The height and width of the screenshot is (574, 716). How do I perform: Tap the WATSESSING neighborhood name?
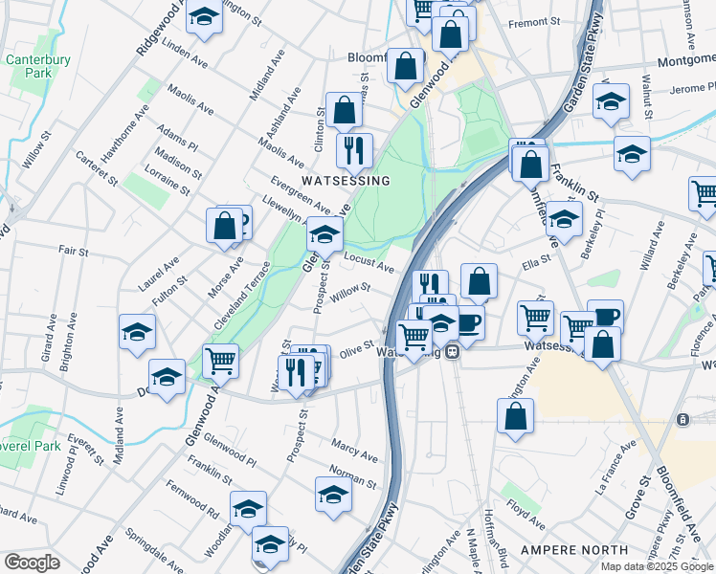[x=346, y=181]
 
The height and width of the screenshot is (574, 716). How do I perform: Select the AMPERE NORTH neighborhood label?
[x=566, y=550]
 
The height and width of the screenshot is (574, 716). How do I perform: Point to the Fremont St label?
[x=534, y=22]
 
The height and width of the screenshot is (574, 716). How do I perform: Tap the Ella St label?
[x=536, y=259]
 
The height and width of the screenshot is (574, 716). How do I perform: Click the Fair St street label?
[x=74, y=253]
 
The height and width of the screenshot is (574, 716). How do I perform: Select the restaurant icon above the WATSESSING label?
[x=355, y=149]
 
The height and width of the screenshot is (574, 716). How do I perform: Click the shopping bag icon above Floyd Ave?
[x=515, y=415]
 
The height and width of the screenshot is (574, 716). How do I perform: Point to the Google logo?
[x=32, y=563]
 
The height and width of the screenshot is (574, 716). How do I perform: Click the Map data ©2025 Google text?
[x=657, y=566]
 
